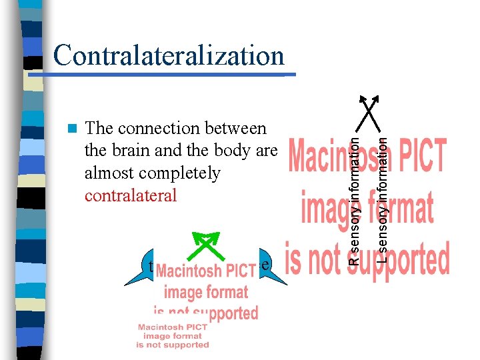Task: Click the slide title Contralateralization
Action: (169, 55)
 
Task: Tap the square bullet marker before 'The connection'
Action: (73, 127)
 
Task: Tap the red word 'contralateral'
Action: (131, 195)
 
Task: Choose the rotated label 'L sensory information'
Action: (382, 193)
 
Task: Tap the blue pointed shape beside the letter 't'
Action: (137, 273)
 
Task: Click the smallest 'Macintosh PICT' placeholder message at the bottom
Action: (173, 335)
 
